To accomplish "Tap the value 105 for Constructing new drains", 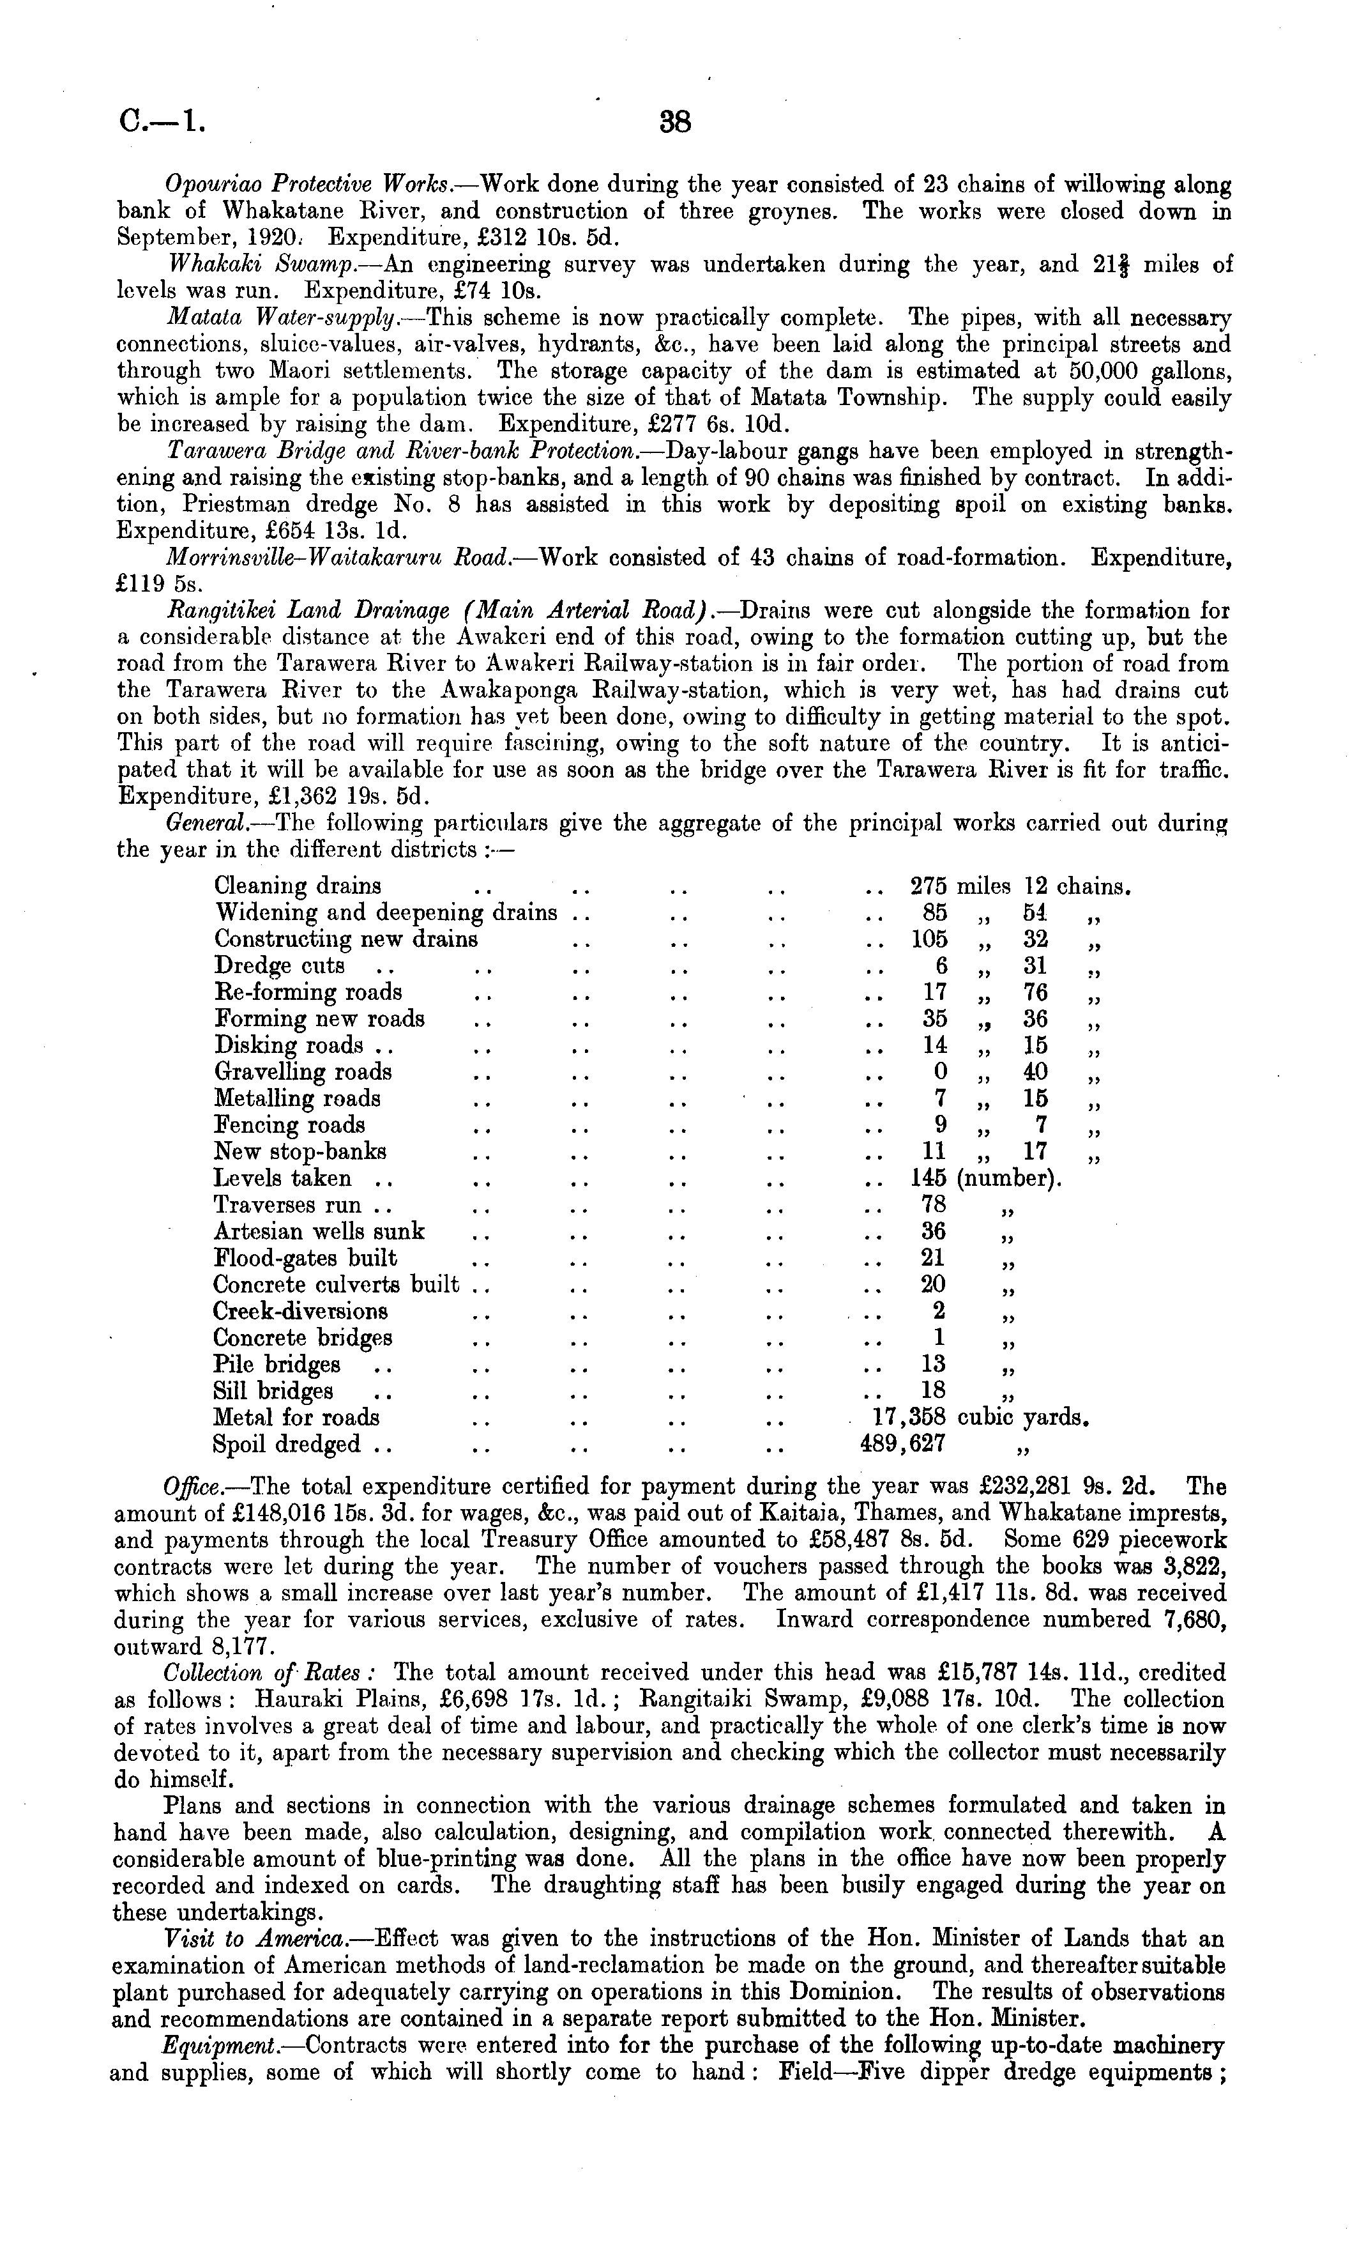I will tap(929, 939).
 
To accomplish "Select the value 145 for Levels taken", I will tap(929, 1179).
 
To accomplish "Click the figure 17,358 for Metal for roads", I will tap(910, 1417).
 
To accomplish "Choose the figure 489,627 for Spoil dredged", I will tap(897, 1444).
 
